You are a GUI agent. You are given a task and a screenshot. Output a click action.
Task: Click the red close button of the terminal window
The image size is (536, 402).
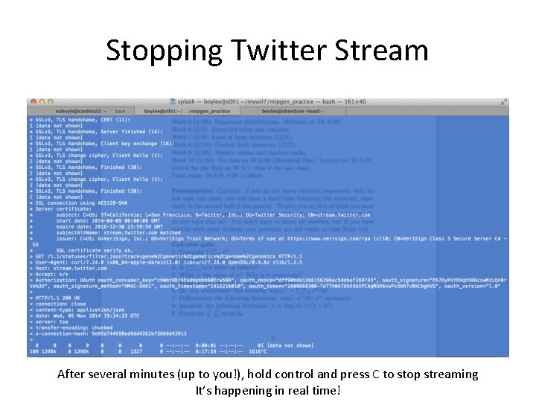32,100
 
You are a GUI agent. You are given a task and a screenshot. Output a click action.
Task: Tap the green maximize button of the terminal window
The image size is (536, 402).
50,100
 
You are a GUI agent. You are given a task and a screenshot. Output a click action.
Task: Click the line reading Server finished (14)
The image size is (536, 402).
82,131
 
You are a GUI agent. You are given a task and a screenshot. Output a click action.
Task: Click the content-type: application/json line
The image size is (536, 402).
74,310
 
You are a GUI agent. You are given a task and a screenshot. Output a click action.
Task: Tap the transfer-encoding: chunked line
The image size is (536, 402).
74,328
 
